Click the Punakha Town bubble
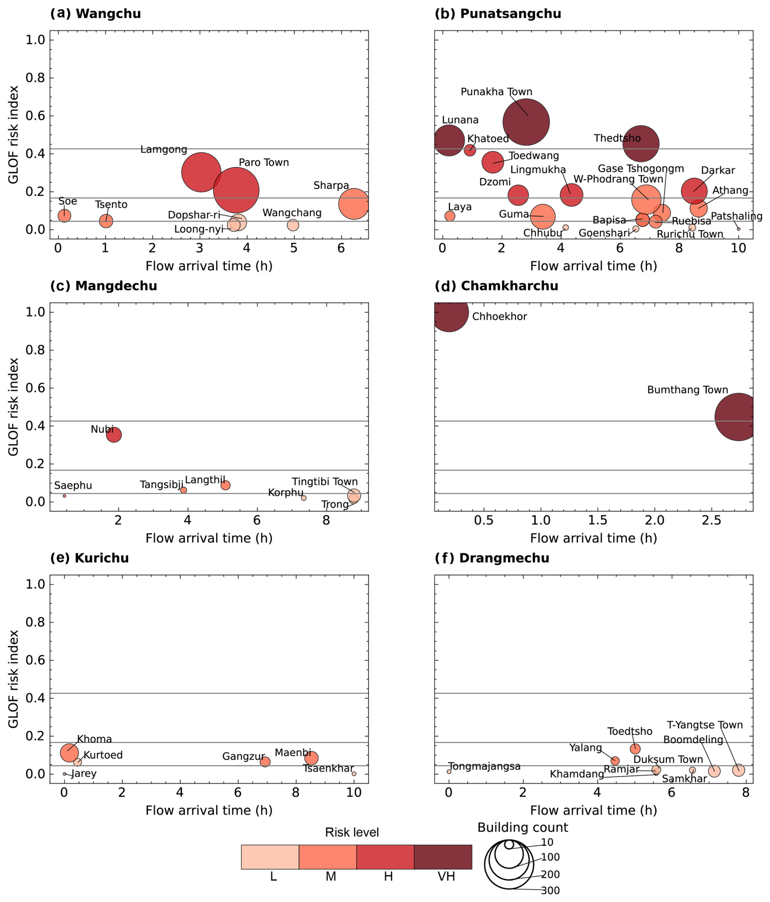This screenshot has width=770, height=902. (x=526, y=123)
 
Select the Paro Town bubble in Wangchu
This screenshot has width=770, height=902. (x=236, y=190)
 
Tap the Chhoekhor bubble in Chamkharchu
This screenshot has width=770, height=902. (x=448, y=312)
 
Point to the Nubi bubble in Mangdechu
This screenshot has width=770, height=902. (x=114, y=434)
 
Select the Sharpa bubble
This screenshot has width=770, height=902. (x=354, y=204)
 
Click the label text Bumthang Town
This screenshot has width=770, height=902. (x=687, y=390)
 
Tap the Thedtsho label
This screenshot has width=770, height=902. (x=617, y=138)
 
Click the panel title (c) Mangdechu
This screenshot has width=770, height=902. (x=104, y=286)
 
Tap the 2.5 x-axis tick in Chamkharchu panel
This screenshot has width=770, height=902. (x=711, y=521)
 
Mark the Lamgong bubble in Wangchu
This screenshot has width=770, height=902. (x=201, y=173)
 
